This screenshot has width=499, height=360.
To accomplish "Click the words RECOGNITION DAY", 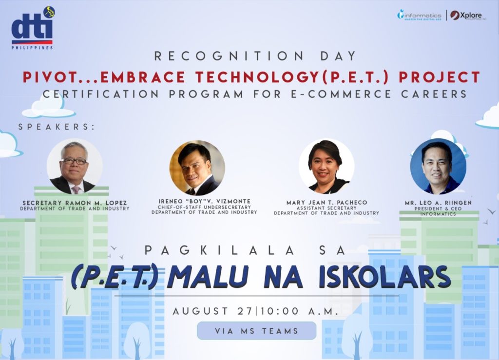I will [x=256, y=56].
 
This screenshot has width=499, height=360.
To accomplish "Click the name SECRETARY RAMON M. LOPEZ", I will [x=75, y=202].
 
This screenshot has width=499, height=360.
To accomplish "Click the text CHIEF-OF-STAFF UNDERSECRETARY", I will [x=204, y=207].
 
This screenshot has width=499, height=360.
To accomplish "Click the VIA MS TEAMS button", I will [x=256, y=331].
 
